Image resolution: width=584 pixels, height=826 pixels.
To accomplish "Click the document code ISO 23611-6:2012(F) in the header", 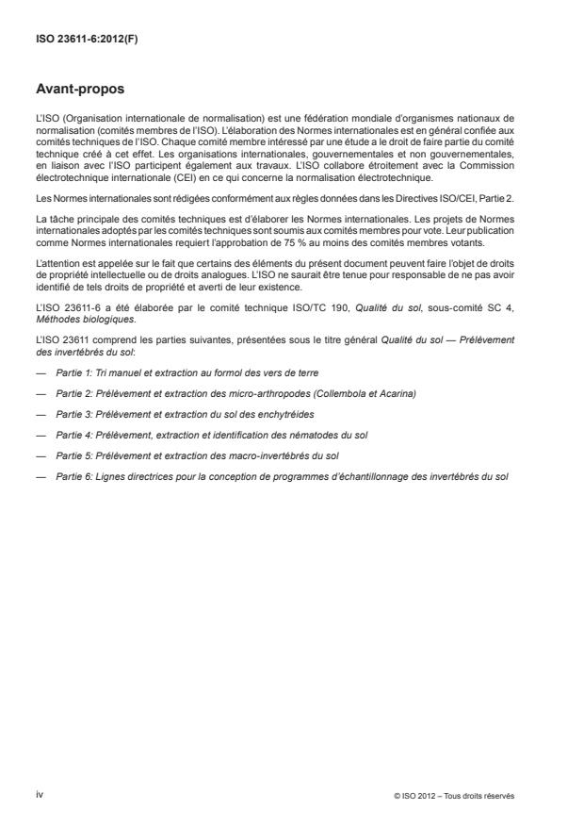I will tap(79, 41).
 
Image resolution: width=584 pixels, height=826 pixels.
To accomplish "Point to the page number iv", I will tap(39, 794).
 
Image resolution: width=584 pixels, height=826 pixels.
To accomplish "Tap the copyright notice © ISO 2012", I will tap(454, 795).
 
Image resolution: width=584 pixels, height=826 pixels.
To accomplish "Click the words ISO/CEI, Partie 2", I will tap(474, 198).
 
